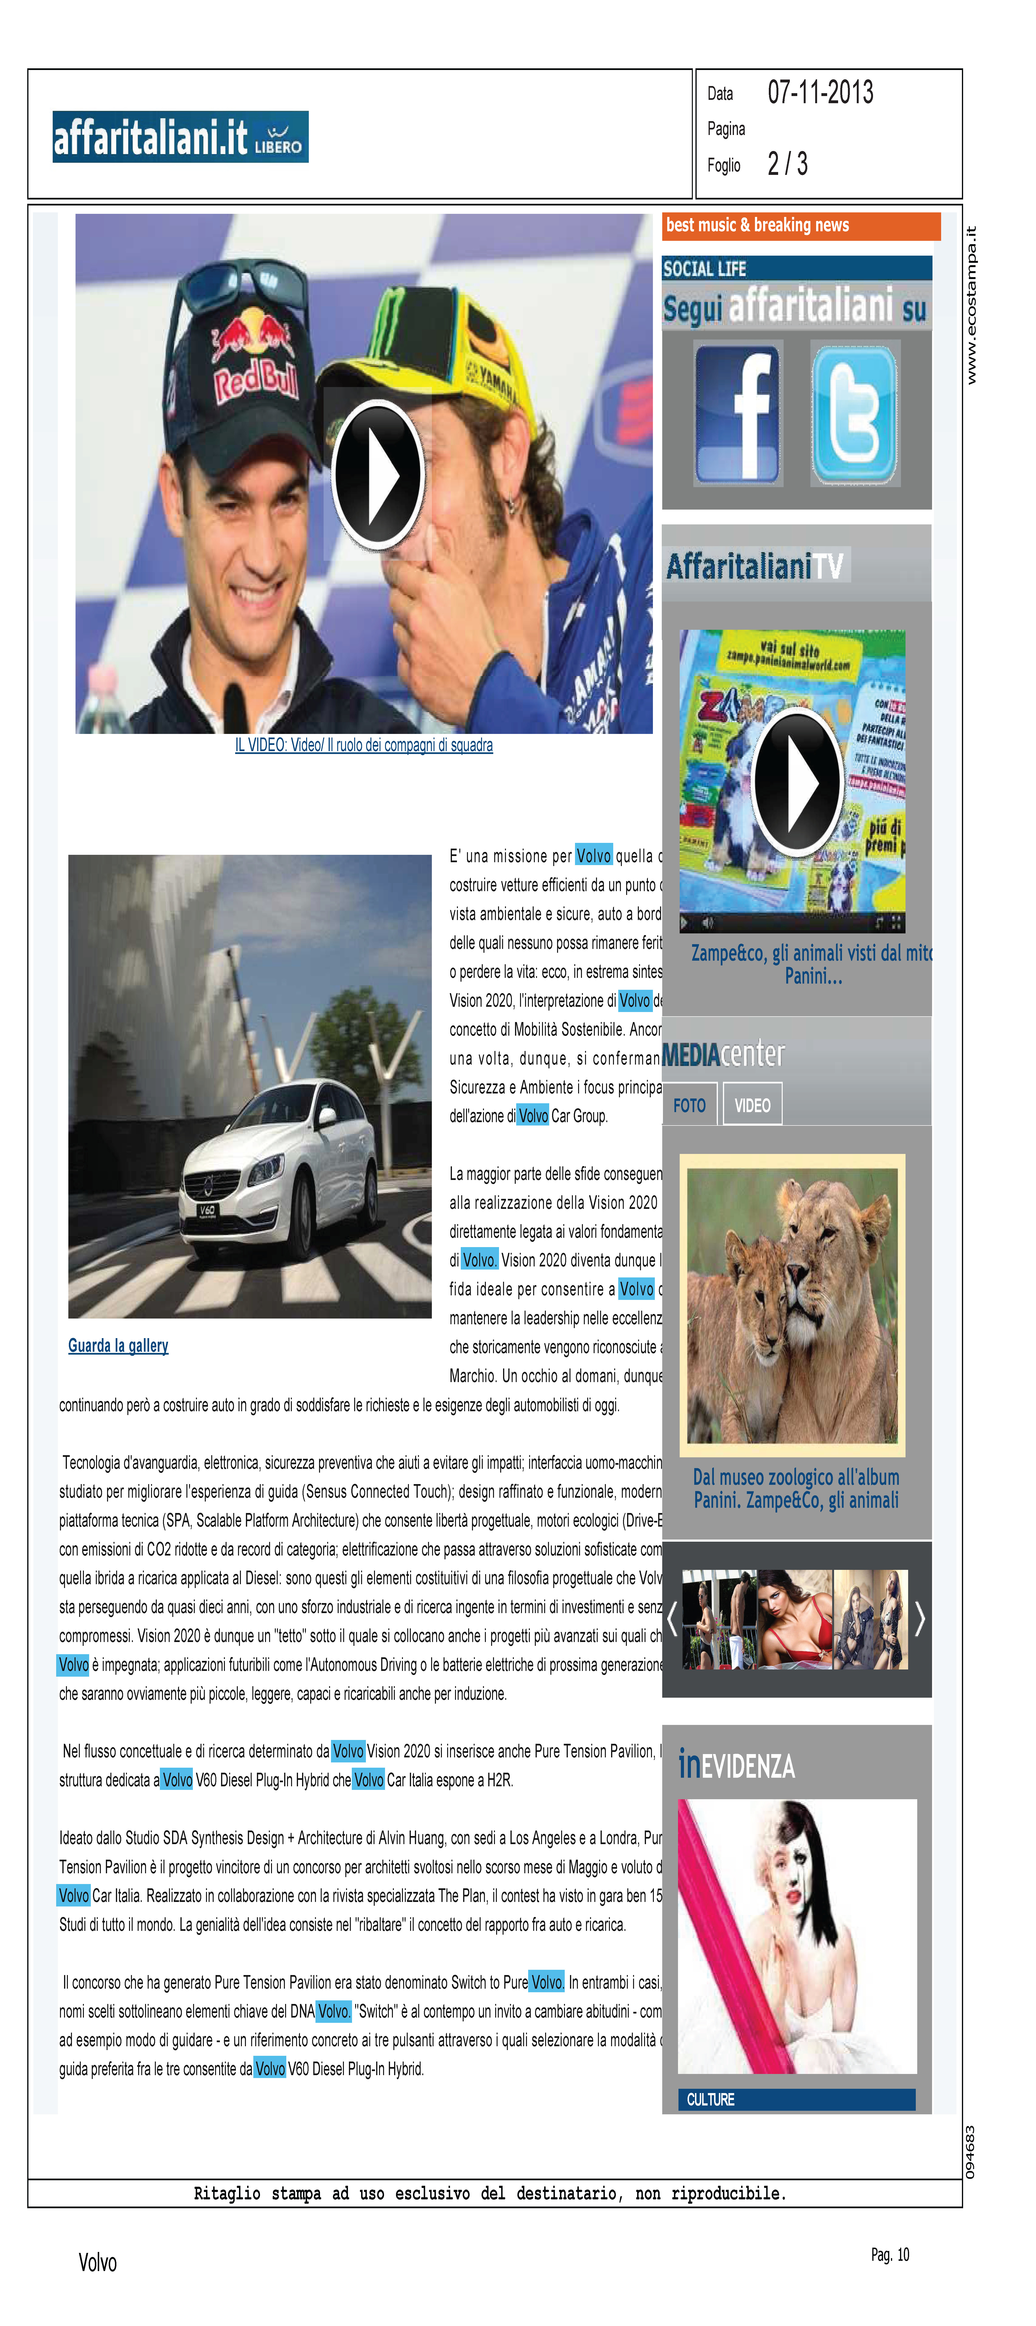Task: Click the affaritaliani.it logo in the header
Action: click(x=180, y=137)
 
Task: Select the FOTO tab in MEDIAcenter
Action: click(x=689, y=1105)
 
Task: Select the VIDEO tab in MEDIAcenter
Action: click(x=751, y=1105)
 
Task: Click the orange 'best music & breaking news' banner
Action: click(x=800, y=226)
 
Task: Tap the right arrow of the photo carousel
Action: click(x=919, y=1618)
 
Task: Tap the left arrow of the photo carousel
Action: click(x=671, y=1618)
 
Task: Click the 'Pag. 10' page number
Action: click(x=890, y=2255)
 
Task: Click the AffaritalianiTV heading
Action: click(x=754, y=566)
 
